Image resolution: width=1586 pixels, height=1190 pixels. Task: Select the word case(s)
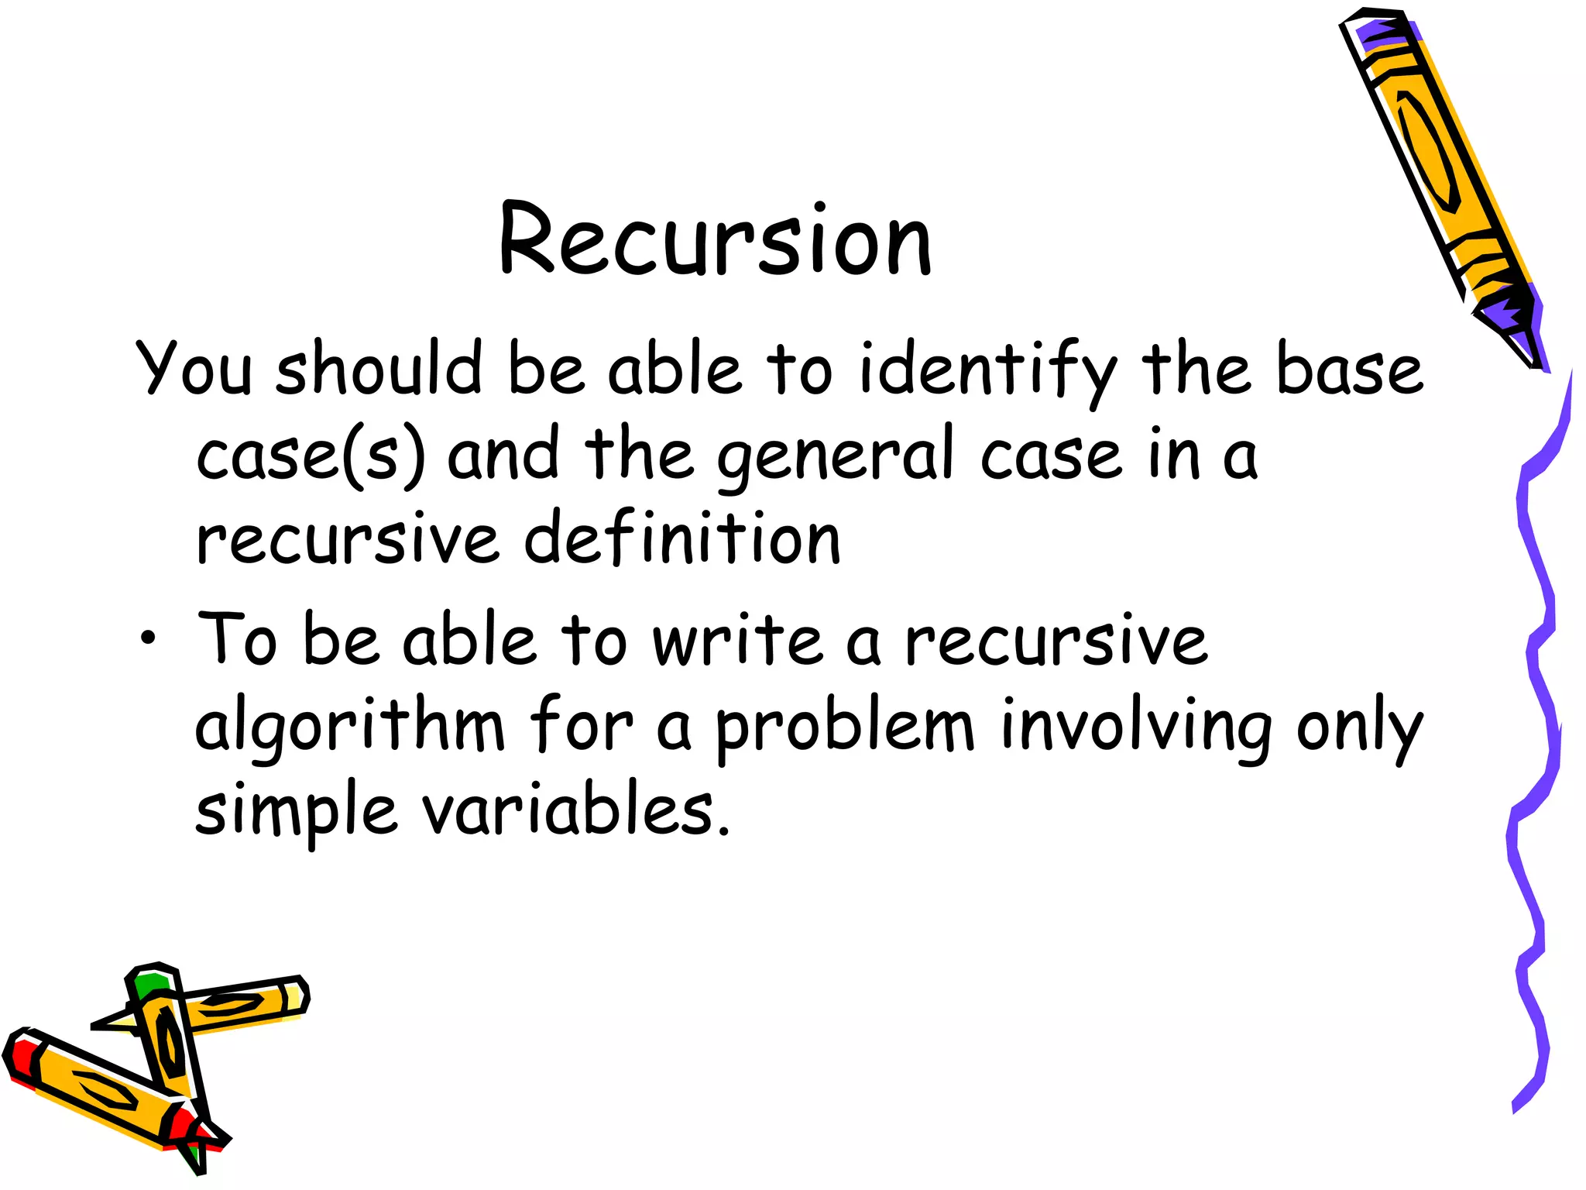click(310, 456)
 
